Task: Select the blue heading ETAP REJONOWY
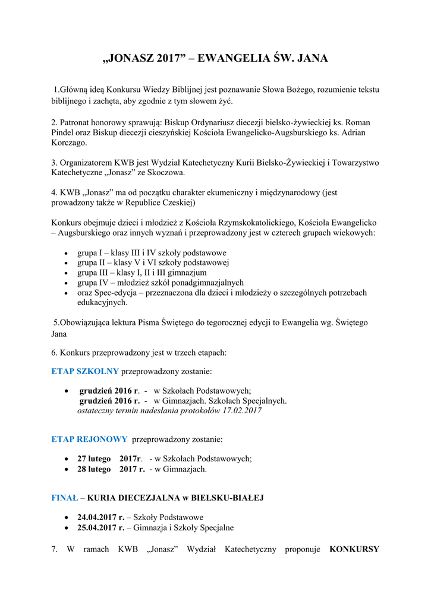pyautogui.click(x=89, y=439)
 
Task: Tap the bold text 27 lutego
pyautogui.click(x=94, y=459)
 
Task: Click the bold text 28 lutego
pyautogui.click(x=94, y=469)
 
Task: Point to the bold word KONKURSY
pyautogui.click(x=354, y=549)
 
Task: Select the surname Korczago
pyautogui.click(x=68, y=143)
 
